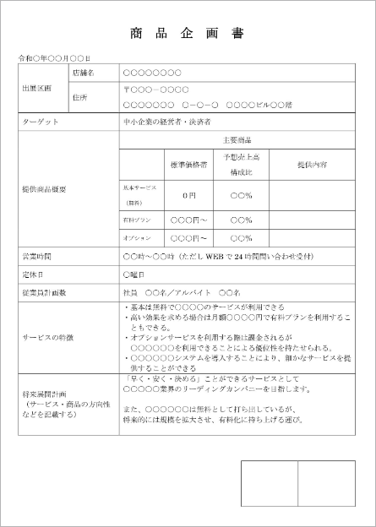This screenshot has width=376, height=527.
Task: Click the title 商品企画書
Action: tap(187, 35)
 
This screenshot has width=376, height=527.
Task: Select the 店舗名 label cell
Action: tap(83, 73)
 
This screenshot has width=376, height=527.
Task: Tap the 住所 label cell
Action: tap(80, 96)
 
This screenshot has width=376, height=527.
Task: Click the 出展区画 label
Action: tap(36, 88)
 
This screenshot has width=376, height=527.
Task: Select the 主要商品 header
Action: tap(237, 139)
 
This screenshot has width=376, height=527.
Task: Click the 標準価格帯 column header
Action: tap(188, 164)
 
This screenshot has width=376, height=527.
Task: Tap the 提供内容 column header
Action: tap(312, 164)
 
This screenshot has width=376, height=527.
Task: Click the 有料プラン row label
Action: tap(137, 219)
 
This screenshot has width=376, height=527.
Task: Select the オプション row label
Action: tap(136, 238)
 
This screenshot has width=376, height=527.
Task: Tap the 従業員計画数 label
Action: tap(44, 292)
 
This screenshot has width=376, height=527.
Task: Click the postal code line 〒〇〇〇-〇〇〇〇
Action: tap(155, 89)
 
